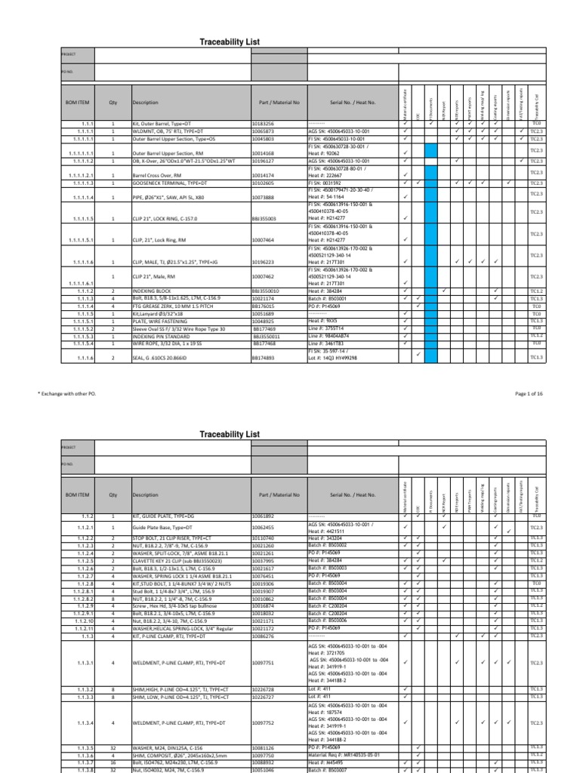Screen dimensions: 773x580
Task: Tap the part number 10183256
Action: tap(264, 123)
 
